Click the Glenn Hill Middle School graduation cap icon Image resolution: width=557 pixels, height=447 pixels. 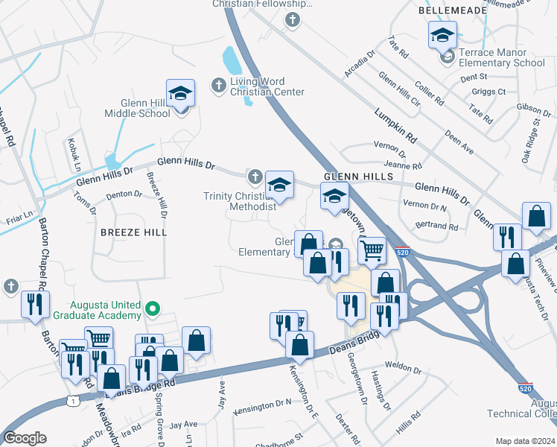[x=180, y=94]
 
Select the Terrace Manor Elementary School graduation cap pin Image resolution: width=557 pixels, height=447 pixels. [x=442, y=36]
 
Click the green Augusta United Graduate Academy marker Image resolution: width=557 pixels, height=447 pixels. [x=153, y=308]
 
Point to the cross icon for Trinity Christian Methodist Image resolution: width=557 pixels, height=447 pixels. [x=255, y=177]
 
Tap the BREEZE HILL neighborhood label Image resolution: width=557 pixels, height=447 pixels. [x=134, y=232]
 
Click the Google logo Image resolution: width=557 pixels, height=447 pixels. [x=25, y=438]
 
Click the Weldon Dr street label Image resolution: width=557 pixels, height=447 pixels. [x=404, y=368]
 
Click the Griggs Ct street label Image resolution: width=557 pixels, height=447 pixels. [x=489, y=92]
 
